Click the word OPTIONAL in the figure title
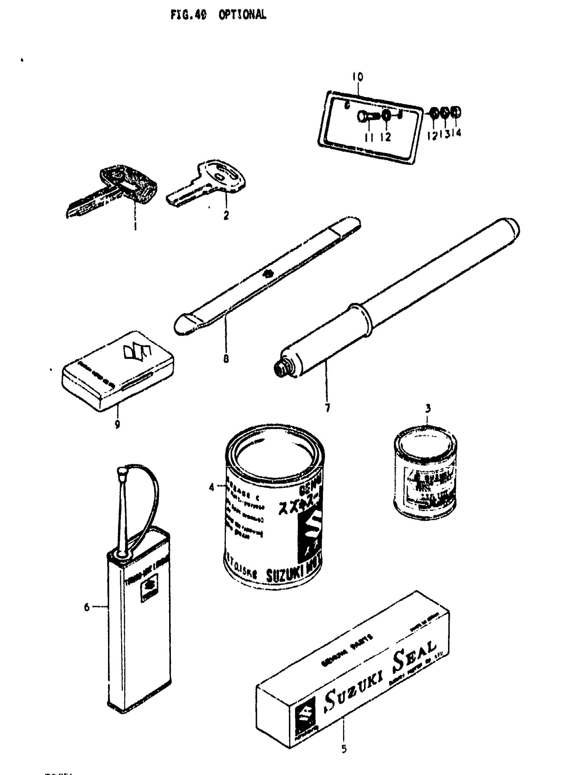coord(242,15)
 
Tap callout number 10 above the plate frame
coord(358,77)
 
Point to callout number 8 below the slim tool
coord(226,358)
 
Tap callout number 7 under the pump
coord(327,408)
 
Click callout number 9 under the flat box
coord(118,424)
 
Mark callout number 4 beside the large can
coord(212,487)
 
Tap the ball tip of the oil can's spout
coord(122,472)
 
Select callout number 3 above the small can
coord(428,408)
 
